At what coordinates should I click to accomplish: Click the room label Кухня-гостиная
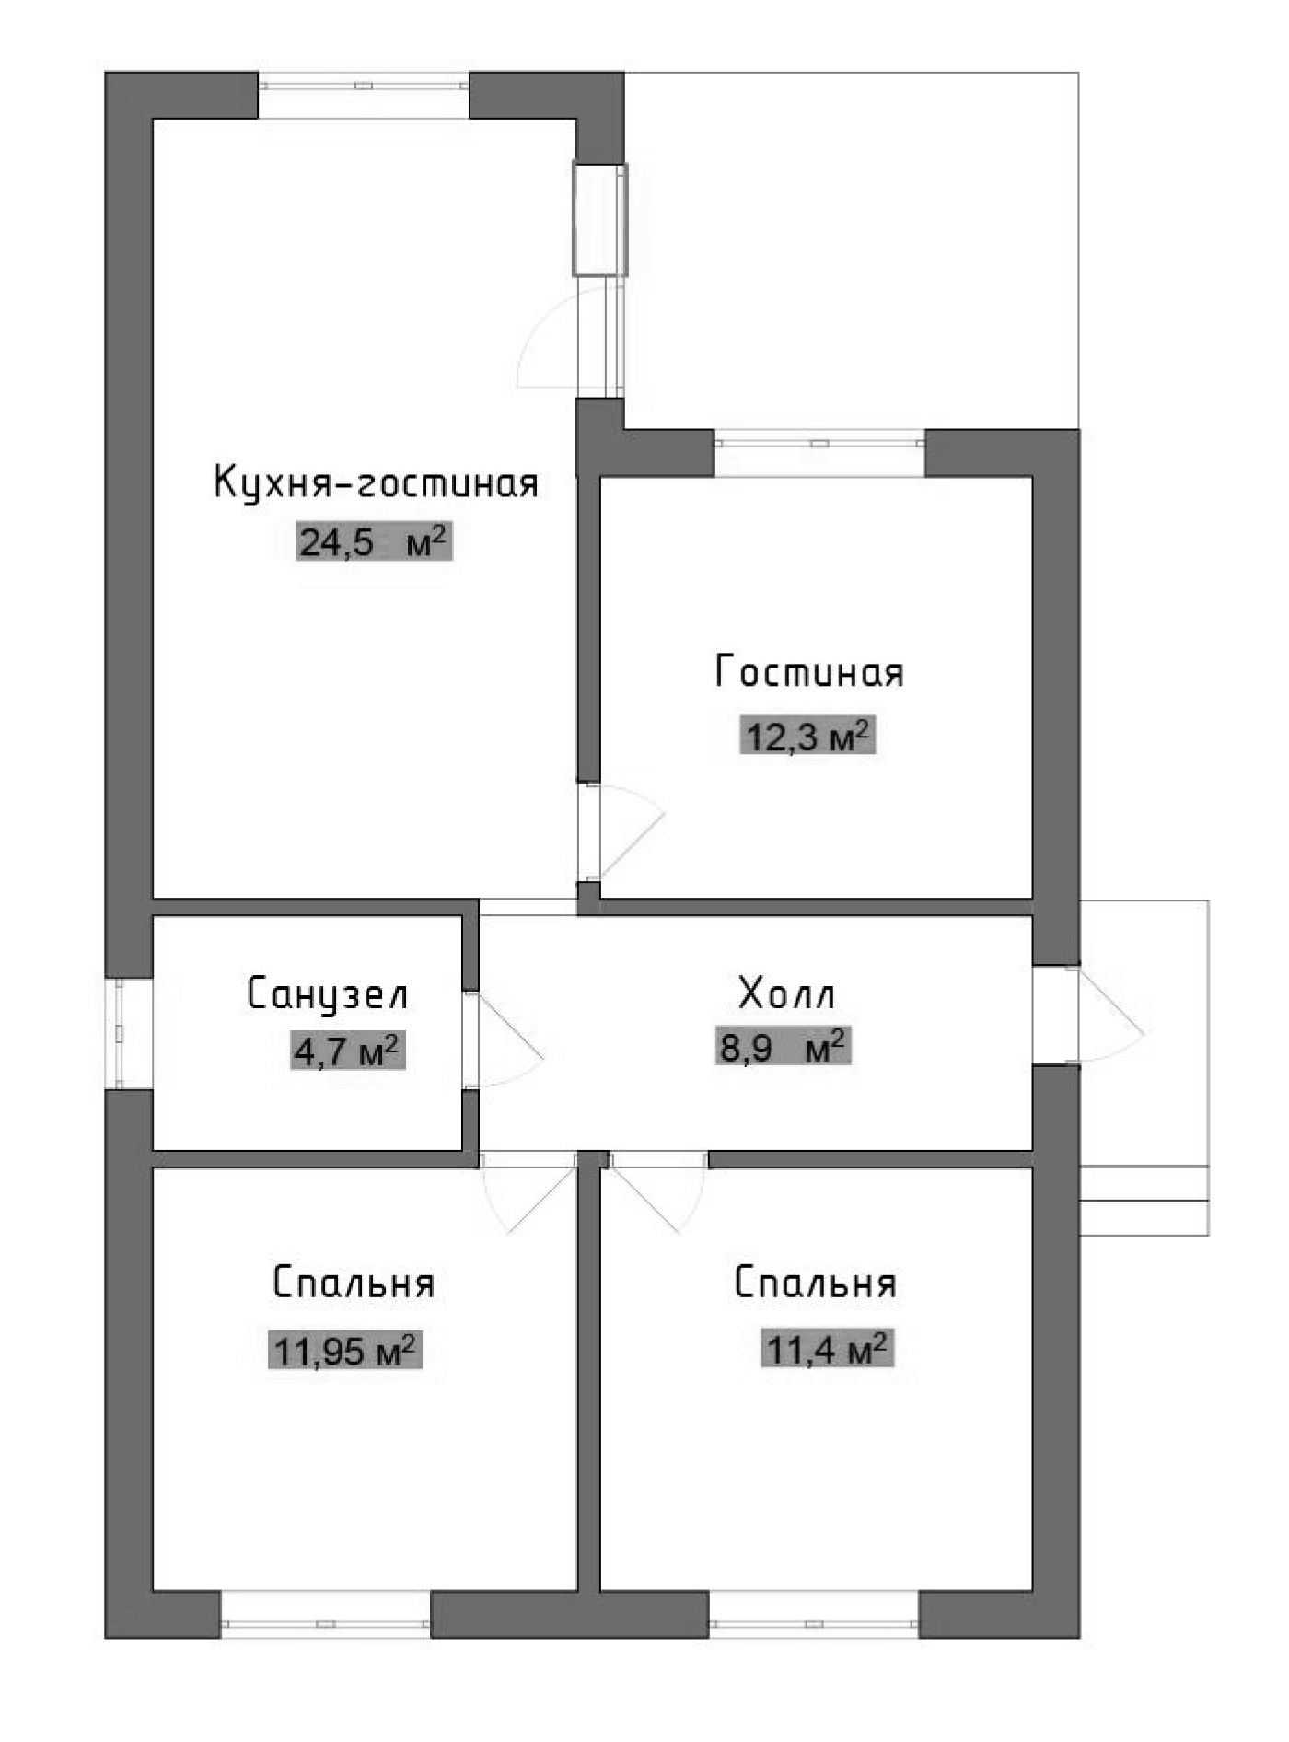(x=376, y=482)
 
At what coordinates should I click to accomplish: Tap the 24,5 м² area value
(x=374, y=542)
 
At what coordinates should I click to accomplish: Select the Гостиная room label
(x=809, y=672)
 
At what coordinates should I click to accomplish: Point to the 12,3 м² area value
(x=807, y=736)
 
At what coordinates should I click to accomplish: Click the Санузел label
(x=327, y=994)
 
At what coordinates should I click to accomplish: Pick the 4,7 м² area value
(x=347, y=1051)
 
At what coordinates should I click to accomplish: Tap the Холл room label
(x=787, y=994)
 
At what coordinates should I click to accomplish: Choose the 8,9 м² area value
(x=783, y=1047)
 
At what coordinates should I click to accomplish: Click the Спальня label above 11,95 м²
(x=353, y=1283)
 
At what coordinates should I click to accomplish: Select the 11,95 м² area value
(x=345, y=1350)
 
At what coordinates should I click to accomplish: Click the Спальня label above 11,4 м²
(x=815, y=1283)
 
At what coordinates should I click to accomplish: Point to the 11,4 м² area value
(x=827, y=1349)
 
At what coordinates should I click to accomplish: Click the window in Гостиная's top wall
(x=819, y=443)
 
